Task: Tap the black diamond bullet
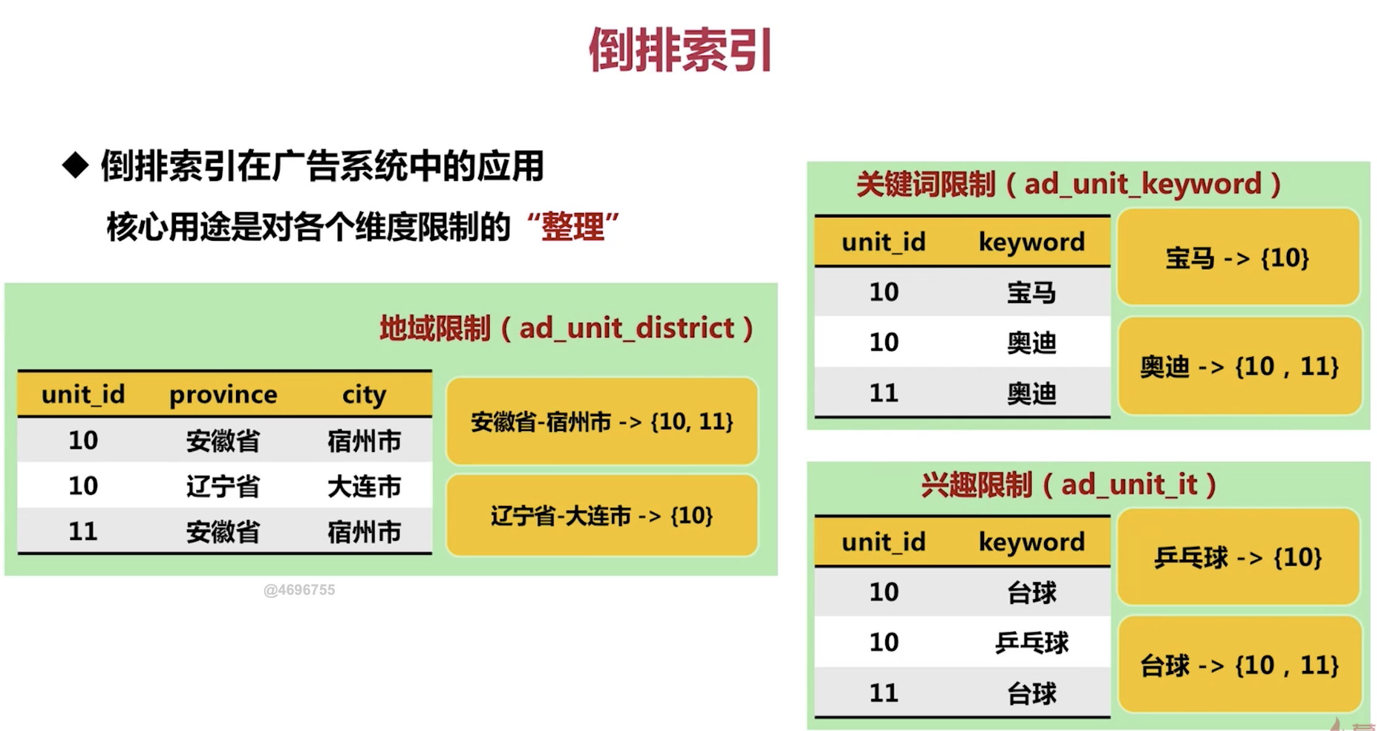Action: pyautogui.click(x=76, y=166)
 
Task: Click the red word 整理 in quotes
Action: pyautogui.click(x=573, y=227)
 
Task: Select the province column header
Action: pyautogui.click(x=223, y=394)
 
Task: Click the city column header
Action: pyautogui.click(x=364, y=395)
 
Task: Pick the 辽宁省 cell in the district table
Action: pyautogui.click(x=223, y=486)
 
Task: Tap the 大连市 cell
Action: pyautogui.click(x=364, y=486)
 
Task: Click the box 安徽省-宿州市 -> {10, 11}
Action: pyautogui.click(x=602, y=421)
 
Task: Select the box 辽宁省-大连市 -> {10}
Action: pyautogui.click(x=602, y=515)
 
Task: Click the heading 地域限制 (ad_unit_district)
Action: pyautogui.click(x=566, y=329)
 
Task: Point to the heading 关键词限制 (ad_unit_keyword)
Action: pyautogui.click(x=1069, y=184)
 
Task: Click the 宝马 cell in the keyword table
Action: pyautogui.click(x=1032, y=293)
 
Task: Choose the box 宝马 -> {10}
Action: pyautogui.click(x=1238, y=257)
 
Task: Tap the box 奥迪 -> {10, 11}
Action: pyautogui.click(x=1240, y=366)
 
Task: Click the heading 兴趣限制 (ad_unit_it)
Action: pyautogui.click(x=1069, y=484)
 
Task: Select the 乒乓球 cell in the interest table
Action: pyautogui.click(x=1032, y=643)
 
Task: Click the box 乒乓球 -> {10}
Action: pyautogui.click(x=1238, y=556)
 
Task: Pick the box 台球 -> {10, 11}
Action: pyautogui.click(x=1240, y=665)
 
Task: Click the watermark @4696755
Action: pyautogui.click(x=299, y=590)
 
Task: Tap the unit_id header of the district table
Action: pyautogui.click(x=83, y=394)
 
